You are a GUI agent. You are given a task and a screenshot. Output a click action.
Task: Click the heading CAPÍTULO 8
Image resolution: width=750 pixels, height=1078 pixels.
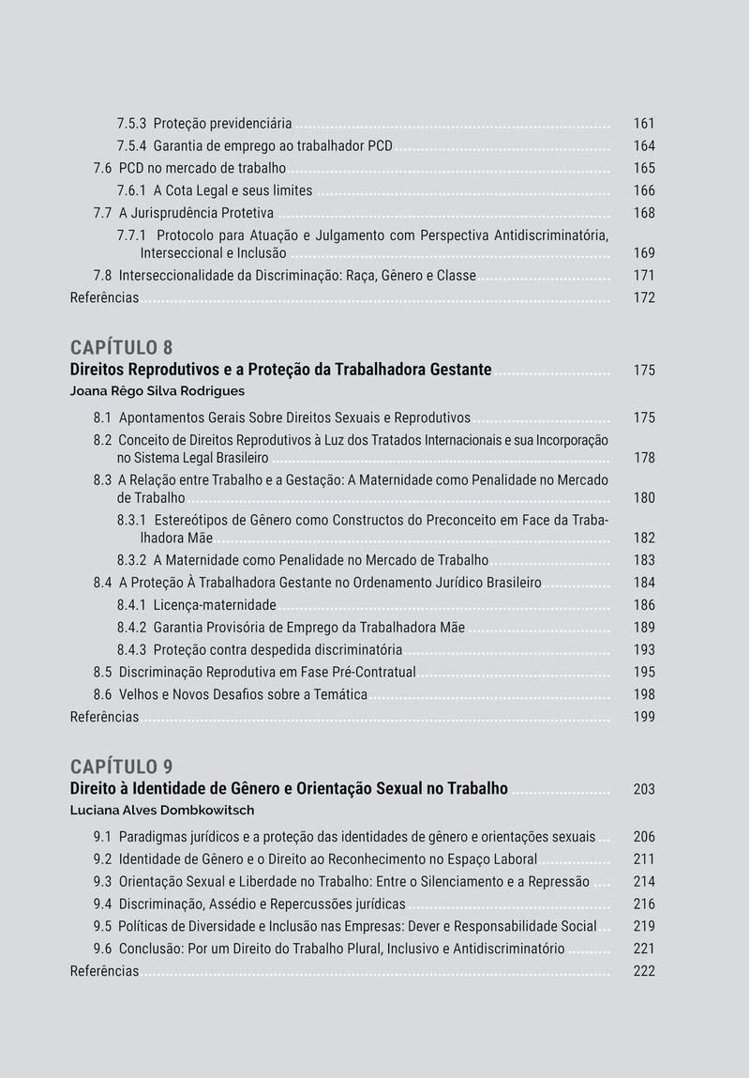(121, 348)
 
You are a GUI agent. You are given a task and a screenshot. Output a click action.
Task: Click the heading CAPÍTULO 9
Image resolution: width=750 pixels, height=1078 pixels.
(121, 767)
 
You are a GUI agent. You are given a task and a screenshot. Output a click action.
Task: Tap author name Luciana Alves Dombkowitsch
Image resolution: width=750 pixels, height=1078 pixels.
(162, 810)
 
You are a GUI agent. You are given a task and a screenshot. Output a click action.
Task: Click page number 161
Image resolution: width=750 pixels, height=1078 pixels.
(644, 124)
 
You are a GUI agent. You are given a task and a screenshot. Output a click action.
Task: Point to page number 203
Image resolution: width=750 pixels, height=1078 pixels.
(644, 789)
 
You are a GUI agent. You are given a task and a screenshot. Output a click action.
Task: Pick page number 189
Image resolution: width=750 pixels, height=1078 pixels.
(644, 628)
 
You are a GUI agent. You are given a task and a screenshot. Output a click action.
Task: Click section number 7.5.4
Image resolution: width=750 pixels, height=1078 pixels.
(131, 146)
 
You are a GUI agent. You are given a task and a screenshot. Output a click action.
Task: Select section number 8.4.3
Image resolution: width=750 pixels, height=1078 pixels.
(131, 650)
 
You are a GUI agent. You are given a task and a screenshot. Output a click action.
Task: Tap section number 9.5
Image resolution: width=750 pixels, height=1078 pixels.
(102, 927)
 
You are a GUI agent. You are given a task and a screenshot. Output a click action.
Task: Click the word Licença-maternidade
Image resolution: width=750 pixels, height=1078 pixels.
(215, 605)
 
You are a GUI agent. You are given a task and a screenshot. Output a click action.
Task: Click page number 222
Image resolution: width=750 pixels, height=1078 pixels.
(644, 971)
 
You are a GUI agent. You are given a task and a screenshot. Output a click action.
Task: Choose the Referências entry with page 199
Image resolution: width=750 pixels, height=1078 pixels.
(104, 718)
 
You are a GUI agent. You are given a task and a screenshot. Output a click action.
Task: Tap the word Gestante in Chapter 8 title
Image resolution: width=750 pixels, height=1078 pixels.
(460, 370)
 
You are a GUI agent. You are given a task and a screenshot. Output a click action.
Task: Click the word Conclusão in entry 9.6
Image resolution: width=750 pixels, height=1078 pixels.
(151, 949)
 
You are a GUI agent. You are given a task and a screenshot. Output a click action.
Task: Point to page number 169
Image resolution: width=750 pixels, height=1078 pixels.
(644, 253)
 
